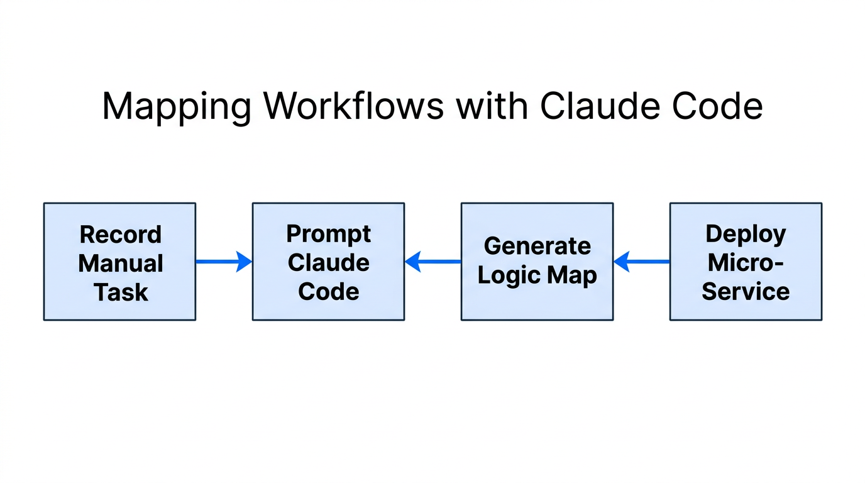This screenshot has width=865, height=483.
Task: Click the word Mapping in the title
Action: tap(177, 106)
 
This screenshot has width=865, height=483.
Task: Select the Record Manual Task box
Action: tap(119, 262)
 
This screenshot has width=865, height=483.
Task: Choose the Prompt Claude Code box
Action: tap(328, 262)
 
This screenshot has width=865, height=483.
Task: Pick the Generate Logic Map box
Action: tap(537, 262)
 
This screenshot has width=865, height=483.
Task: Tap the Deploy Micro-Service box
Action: tap(746, 262)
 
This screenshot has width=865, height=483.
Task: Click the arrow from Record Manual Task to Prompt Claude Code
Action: tap(224, 262)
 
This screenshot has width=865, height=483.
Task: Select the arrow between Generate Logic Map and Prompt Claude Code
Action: tap(432, 262)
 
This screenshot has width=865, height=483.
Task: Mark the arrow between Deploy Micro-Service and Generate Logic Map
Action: tap(641, 262)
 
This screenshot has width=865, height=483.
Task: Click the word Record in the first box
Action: tap(121, 235)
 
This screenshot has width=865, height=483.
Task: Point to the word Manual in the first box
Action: tap(121, 263)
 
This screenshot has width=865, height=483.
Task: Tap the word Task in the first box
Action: tap(121, 292)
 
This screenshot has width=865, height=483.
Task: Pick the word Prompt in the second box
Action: tap(329, 234)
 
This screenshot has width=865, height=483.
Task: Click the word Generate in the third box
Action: tap(537, 246)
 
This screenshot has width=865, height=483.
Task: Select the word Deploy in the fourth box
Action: tap(746, 234)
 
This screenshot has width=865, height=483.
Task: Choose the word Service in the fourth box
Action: tap(746, 291)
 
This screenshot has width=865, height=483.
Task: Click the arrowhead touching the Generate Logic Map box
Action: tap(622, 262)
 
